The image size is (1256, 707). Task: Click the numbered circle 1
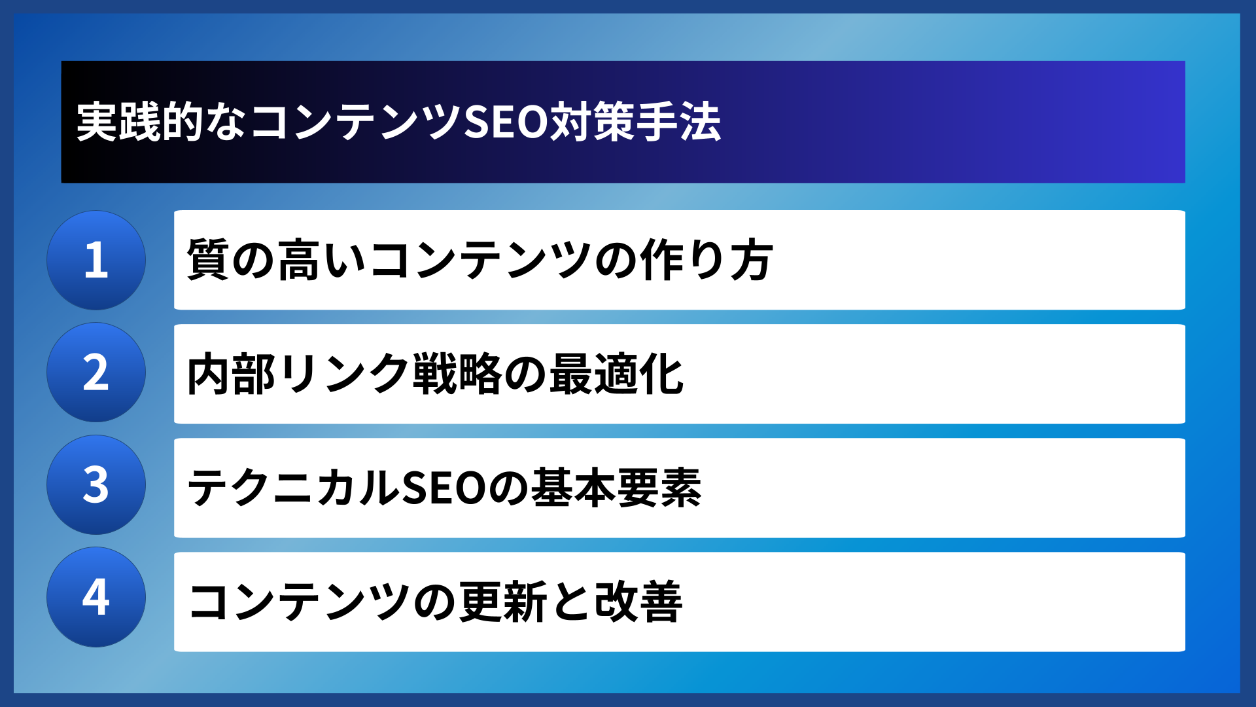[96, 260]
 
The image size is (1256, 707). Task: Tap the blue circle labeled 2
[96, 372]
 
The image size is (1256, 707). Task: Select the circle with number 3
[96, 485]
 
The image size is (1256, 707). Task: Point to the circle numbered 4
[96, 597]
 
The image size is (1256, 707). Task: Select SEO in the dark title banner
[505, 122]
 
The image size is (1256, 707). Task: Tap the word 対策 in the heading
[592, 122]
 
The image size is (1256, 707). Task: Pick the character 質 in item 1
[208, 260]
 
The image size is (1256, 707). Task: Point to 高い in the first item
[321, 260]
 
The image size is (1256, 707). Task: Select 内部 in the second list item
[231, 374]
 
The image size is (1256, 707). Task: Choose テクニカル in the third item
[293, 488]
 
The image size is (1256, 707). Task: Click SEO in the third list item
[444, 488]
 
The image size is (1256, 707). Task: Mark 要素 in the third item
[659, 488]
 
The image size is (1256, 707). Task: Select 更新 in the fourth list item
[503, 602]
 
